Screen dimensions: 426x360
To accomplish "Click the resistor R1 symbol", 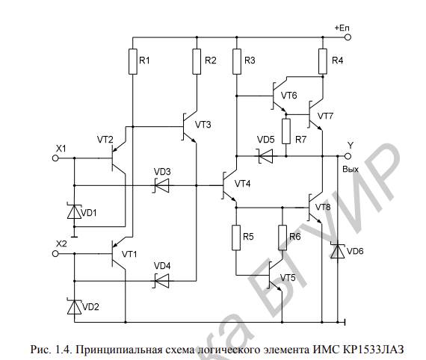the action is [133, 62].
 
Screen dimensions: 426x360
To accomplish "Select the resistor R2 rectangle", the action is [197, 62].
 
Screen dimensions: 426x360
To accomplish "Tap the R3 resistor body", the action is [237, 62].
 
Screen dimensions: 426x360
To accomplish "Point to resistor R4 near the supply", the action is [323, 61].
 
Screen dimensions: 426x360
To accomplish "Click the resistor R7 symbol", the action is [286, 131].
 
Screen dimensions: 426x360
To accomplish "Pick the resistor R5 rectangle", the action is [236, 238].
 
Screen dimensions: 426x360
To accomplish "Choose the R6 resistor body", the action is [283, 238].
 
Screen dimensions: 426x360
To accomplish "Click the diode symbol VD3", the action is [161, 186].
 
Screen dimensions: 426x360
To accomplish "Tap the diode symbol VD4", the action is [161, 281].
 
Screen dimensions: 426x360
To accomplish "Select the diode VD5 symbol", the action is [265, 156].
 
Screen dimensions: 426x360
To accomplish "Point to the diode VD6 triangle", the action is [337, 251].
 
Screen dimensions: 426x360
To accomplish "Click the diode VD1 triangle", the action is [74, 211].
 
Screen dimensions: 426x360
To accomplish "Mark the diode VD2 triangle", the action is [74, 307].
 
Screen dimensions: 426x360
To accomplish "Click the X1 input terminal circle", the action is [55, 158].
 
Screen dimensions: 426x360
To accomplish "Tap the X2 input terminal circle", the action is [55, 254].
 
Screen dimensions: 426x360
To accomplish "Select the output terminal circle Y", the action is [348, 156].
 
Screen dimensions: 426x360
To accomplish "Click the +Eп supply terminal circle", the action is [348, 37].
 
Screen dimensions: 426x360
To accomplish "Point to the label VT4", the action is [243, 184].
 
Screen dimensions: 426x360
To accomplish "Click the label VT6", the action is [288, 96].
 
